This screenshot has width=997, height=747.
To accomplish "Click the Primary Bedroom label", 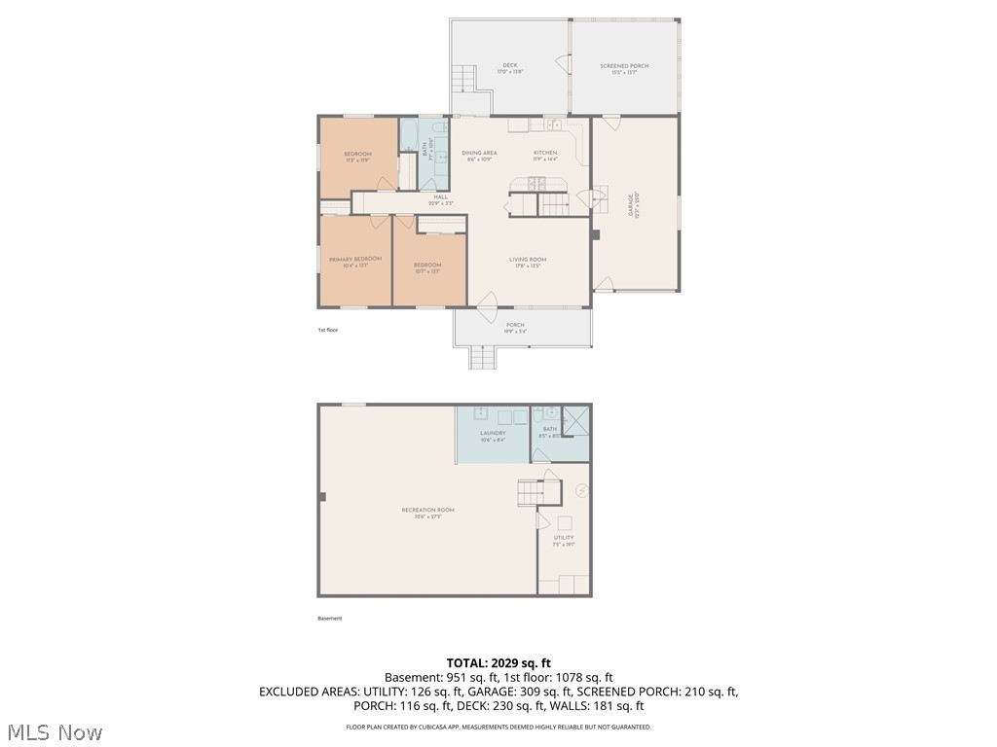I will tap(355, 259).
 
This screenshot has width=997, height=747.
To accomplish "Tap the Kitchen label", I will tap(545, 154).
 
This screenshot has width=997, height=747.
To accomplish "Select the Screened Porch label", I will tap(624, 66).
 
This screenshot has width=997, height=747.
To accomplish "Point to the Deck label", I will tap(510, 66).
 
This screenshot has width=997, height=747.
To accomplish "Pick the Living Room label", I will tap(528, 260).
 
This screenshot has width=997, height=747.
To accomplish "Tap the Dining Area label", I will tap(479, 154).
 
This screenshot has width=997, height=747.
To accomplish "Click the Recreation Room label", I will tap(428, 511).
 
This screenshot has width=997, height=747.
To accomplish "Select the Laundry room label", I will tap(493, 434).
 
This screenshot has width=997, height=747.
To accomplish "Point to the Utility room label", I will tap(564, 538).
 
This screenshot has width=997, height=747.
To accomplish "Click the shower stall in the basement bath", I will tap(575, 420).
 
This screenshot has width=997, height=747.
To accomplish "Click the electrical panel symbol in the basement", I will tap(581, 490).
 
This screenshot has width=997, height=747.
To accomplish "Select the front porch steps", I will tap(483, 358).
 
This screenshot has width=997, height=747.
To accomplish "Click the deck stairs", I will tap(466, 78).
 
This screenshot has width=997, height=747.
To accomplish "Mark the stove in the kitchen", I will tap(535, 184).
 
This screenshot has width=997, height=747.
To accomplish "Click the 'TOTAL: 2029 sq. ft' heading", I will tap(498, 663).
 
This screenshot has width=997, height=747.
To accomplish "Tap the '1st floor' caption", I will tap(327, 331).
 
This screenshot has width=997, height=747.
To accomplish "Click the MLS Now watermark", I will tap(54, 731).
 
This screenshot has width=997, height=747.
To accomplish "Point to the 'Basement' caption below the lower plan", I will tap(330, 619).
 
